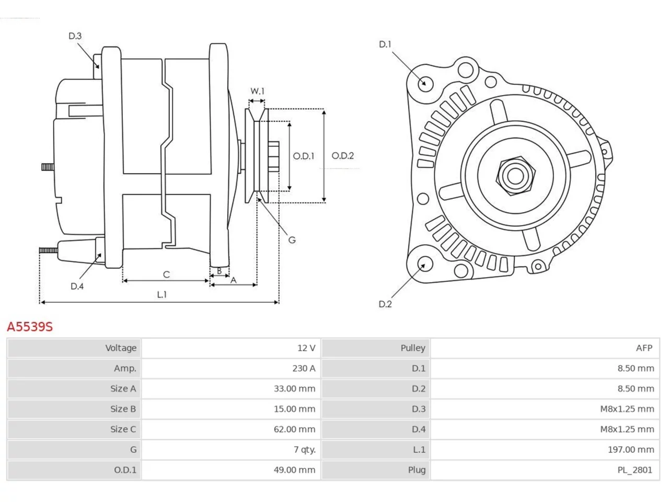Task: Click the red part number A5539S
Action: (x=30, y=326)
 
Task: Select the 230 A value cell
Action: (x=304, y=368)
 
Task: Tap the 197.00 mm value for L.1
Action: (x=631, y=449)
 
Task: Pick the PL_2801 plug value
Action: (x=635, y=470)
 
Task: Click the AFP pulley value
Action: (x=644, y=348)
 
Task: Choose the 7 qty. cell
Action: (x=305, y=450)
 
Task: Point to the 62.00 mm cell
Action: (x=294, y=429)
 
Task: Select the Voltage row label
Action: (x=121, y=348)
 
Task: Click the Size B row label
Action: (x=123, y=409)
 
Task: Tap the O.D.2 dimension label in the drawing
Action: (x=342, y=156)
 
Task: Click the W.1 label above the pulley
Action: (x=257, y=91)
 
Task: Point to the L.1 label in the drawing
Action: (x=162, y=294)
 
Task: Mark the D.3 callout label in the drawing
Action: (x=75, y=36)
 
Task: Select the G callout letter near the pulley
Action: (x=292, y=240)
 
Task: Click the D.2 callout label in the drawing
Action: (x=385, y=304)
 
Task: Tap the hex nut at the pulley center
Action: (x=515, y=176)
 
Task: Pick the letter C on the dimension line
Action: (x=166, y=275)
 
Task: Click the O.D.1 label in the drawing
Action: (x=303, y=156)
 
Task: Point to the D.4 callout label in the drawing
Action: (x=77, y=286)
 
